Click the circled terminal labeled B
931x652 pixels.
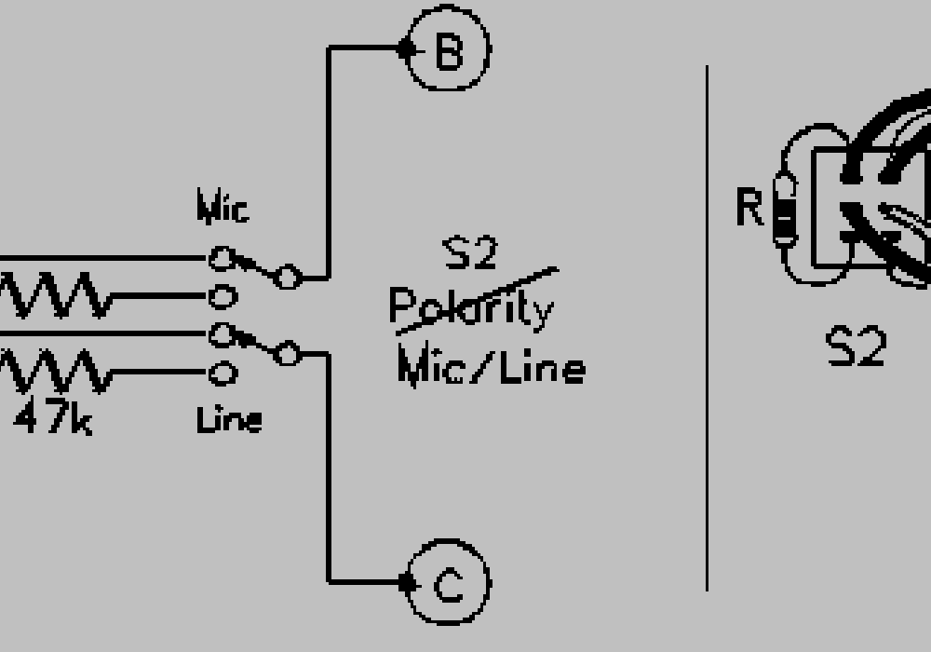point(448,50)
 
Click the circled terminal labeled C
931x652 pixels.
point(449,584)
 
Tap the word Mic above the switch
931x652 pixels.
point(223,209)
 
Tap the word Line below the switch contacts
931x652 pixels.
point(229,421)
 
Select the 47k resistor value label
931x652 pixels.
point(53,421)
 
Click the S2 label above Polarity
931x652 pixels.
point(471,254)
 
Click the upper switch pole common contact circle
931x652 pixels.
point(289,276)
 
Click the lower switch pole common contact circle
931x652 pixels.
point(289,353)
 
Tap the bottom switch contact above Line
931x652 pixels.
point(221,374)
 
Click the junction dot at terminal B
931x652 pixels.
point(405,49)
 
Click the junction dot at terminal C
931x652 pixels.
point(405,583)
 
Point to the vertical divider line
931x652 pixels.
point(707,326)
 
